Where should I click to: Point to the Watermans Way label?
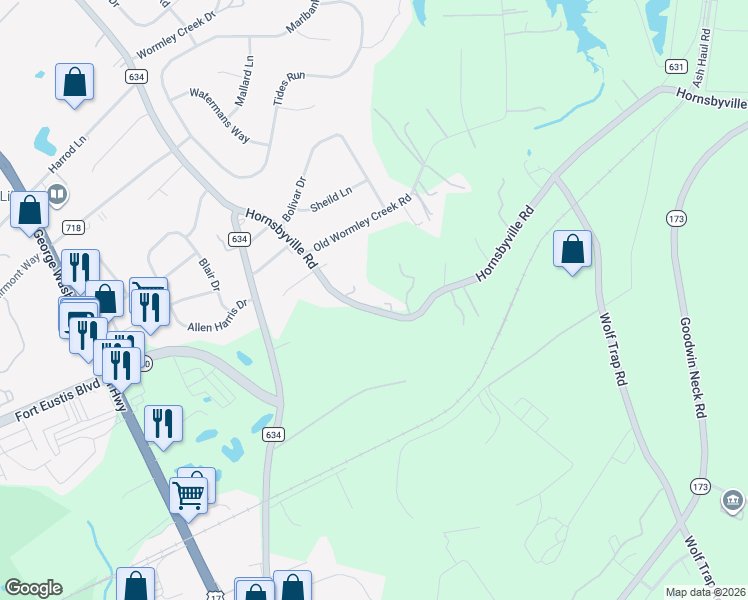point(220,115)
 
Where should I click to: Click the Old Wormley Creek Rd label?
point(362,225)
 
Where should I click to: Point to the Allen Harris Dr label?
point(217,316)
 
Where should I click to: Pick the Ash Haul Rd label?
point(704,45)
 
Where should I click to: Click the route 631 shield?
point(677,66)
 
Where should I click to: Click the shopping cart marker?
point(188,494)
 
